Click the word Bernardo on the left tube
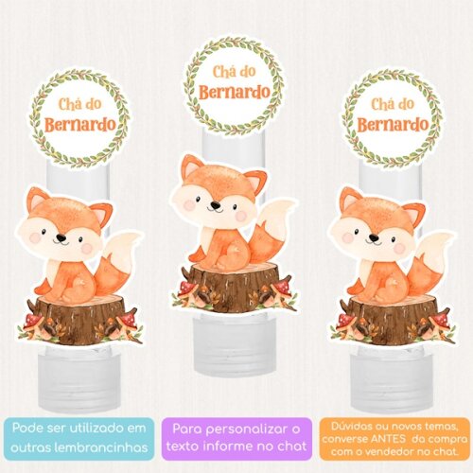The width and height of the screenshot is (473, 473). click(x=80, y=125)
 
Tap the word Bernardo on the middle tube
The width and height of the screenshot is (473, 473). click(x=235, y=92)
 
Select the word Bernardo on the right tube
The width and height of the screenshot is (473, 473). click(x=393, y=125)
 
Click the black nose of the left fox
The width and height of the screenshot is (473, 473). click(x=61, y=237)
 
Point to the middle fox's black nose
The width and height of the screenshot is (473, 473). click(x=216, y=205)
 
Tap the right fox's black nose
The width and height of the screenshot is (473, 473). click(x=374, y=237)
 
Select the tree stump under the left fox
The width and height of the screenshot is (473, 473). click(x=79, y=319)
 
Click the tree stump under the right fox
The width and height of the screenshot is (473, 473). click(x=393, y=319)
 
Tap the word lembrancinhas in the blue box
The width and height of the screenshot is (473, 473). click(x=107, y=447)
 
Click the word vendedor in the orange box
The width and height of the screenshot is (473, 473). click(x=398, y=452)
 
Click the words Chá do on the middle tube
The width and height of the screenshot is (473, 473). click(x=234, y=72)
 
